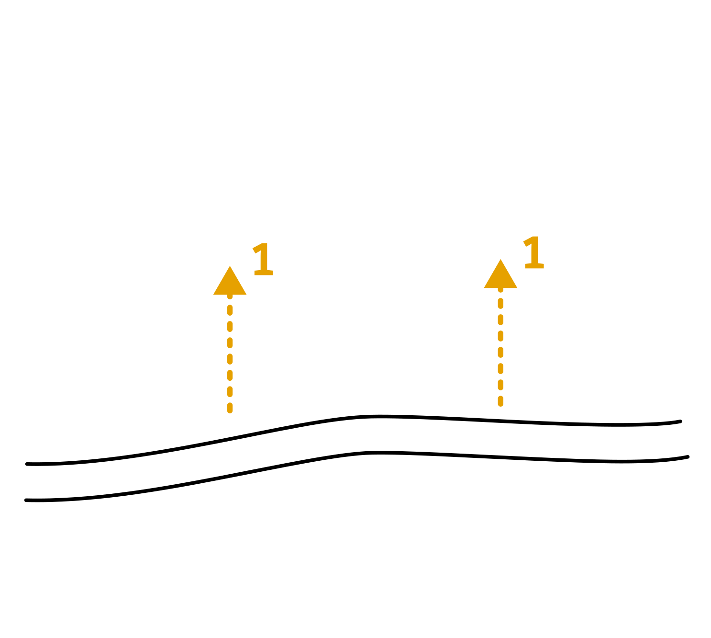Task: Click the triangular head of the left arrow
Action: click(x=230, y=284)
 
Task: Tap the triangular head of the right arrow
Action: click(x=500, y=277)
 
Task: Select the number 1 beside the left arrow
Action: click(x=263, y=260)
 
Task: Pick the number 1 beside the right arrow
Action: click(x=533, y=253)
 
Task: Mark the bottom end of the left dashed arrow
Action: click(x=230, y=410)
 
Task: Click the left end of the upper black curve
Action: click(x=27, y=464)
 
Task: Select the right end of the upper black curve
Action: click(x=680, y=422)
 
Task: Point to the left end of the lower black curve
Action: click(x=26, y=500)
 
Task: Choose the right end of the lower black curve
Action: click(x=688, y=457)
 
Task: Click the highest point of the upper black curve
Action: click(x=378, y=416)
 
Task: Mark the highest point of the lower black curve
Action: click(x=378, y=452)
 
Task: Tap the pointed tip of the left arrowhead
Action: click(x=230, y=266)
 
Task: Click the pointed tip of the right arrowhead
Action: click(x=500, y=260)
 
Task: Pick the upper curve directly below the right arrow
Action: click(x=500, y=421)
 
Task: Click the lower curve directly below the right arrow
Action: click(x=500, y=457)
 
